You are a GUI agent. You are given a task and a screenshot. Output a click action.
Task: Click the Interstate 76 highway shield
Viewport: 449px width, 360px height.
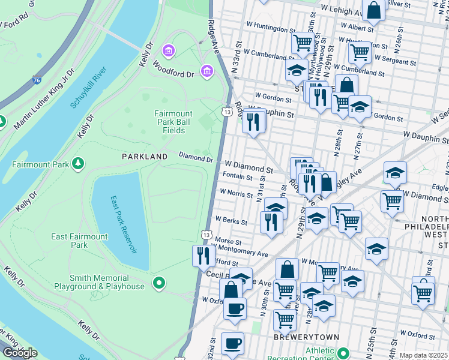tap(37, 79)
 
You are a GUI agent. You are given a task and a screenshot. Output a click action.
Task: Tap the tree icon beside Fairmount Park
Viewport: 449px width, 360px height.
tap(77, 163)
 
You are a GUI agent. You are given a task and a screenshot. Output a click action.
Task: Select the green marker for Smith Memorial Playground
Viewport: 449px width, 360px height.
tap(159, 282)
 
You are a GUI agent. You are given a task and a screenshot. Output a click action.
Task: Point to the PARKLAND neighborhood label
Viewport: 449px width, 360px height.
tap(145, 156)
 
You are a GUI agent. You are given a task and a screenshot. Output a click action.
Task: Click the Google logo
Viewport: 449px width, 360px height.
tap(20, 353)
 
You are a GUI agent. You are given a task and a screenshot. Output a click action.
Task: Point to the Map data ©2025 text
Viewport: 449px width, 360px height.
tap(424, 355)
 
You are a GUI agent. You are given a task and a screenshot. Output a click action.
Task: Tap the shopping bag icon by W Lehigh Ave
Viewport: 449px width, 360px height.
tap(373, 11)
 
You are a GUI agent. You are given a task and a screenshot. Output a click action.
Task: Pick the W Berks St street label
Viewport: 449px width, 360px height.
tap(231, 221)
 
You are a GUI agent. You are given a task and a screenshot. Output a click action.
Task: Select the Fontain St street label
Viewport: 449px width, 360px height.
tap(237, 177)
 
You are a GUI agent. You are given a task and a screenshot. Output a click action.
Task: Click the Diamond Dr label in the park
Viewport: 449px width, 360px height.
tap(196, 158)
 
